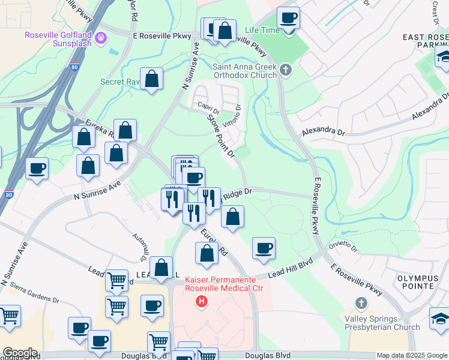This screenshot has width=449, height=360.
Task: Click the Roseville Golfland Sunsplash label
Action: (59, 39)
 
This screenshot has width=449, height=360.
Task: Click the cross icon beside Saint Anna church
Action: (286, 70)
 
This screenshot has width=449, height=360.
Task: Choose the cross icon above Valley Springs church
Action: (361, 303)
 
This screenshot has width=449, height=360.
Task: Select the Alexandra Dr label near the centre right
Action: (324, 130)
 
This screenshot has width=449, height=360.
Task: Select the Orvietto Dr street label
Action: (343, 247)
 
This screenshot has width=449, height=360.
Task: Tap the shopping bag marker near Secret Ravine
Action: (152, 79)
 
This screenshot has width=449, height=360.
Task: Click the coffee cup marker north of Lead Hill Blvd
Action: (264, 248)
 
